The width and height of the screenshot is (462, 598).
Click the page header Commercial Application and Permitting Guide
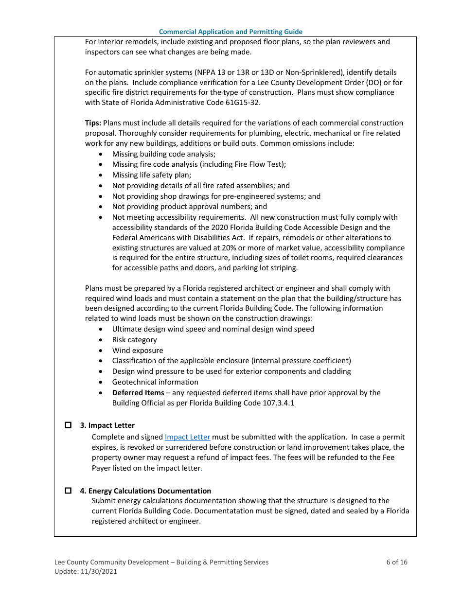click(x=231, y=32)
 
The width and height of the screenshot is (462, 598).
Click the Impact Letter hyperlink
click(x=187, y=437)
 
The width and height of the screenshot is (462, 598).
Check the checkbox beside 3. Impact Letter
click(x=69, y=425)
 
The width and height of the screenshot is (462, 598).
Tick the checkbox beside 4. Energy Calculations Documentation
click(x=69, y=491)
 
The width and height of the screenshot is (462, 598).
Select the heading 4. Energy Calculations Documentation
click(x=145, y=491)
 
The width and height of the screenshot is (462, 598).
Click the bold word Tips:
click(x=93, y=123)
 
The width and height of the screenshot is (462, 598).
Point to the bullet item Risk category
click(x=134, y=340)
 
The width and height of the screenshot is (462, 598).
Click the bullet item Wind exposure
click(x=138, y=351)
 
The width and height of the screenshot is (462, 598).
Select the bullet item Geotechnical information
click(x=155, y=382)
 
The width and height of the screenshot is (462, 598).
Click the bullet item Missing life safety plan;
click(x=151, y=175)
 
